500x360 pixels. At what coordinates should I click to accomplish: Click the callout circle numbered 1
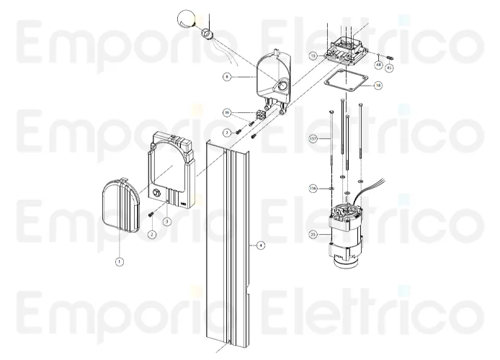tap(120, 262)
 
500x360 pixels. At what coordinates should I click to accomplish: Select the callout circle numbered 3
tap(167, 221)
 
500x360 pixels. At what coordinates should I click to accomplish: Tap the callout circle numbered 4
tap(261, 246)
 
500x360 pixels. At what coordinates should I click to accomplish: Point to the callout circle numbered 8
tap(227, 76)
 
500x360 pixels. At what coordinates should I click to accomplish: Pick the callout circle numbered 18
tap(378, 85)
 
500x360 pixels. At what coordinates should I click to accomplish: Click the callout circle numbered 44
tap(378, 64)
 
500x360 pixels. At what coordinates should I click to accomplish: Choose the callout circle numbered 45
tap(389, 68)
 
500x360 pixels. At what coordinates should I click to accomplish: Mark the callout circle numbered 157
tap(313, 138)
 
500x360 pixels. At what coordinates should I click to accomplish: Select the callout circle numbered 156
tap(313, 188)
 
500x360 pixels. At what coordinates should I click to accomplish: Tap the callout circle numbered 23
tap(313, 234)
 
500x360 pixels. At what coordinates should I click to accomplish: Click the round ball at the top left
tap(186, 19)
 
